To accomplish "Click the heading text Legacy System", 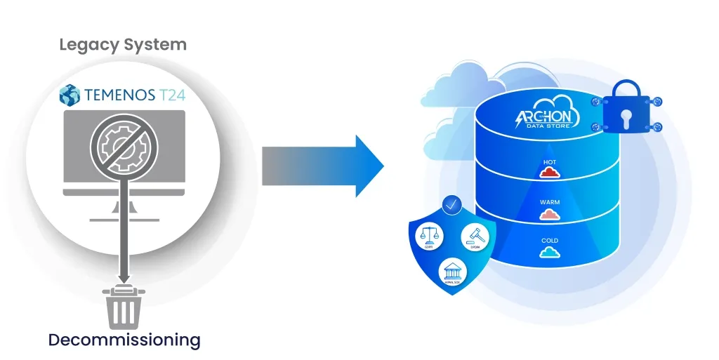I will click(123, 45).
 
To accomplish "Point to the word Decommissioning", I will click(124, 340).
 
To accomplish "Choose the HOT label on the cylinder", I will click(550, 162).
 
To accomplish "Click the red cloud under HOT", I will click(550, 173).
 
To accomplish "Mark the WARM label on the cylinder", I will click(550, 202).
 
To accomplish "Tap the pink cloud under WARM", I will click(550, 213).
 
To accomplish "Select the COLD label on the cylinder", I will click(550, 241).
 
